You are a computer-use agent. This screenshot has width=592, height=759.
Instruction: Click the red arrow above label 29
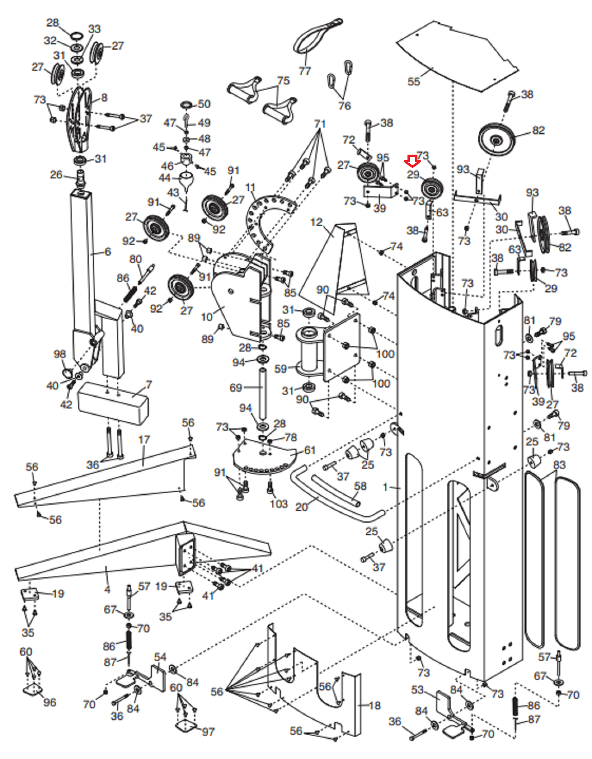point(412,162)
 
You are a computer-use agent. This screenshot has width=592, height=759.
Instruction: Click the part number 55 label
point(414,82)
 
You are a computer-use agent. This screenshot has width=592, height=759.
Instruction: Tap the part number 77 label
point(305,71)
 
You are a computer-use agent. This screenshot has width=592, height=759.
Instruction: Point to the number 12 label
point(316,222)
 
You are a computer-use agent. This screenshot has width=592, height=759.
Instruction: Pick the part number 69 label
point(236,388)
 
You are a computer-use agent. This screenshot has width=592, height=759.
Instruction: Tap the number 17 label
point(144,440)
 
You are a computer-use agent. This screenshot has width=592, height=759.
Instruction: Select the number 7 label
point(149,385)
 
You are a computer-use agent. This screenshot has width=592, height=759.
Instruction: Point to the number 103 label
point(278,504)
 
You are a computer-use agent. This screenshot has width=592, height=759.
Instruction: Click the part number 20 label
point(301,507)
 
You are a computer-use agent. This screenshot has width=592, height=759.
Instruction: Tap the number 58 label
point(360,486)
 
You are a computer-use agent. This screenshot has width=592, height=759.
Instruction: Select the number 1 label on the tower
point(386,487)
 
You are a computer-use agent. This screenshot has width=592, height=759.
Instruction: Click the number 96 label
point(49,702)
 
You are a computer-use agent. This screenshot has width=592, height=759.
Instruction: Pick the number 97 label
point(208,732)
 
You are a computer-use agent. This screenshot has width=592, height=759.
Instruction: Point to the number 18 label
point(375,705)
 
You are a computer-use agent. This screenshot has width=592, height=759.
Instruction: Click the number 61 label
point(310,450)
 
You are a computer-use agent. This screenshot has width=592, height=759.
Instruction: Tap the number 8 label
point(104,98)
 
